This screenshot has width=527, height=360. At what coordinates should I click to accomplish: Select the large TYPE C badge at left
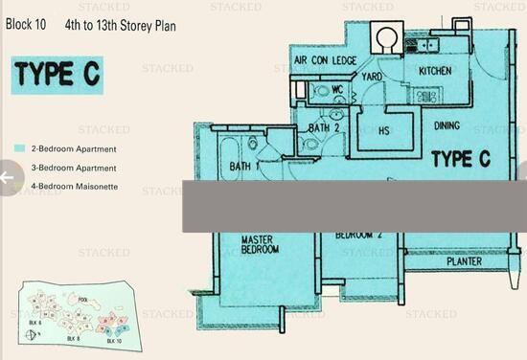pyautogui.click(x=56, y=75)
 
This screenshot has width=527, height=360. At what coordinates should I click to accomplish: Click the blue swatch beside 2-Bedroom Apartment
pyautogui.click(x=19, y=149)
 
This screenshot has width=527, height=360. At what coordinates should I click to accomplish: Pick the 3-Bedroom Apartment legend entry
pyautogui.click(x=74, y=168)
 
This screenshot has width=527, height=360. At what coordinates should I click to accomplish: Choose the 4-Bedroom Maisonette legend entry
pyautogui.click(x=74, y=186)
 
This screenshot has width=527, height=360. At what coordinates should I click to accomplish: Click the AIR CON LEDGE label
pyautogui.click(x=325, y=60)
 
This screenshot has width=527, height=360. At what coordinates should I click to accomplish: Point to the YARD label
pyautogui.click(x=372, y=77)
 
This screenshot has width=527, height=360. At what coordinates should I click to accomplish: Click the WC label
pyautogui.click(x=337, y=90)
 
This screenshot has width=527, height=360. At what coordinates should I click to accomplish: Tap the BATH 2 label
pyautogui.click(x=324, y=127)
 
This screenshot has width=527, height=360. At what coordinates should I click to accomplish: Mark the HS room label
pyautogui.click(x=384, y=130)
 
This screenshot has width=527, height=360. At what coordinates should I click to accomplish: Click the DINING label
pyautogui.click(x=447, y=125)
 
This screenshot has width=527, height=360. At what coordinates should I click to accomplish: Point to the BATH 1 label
pyautogui.click(x=245, y=167)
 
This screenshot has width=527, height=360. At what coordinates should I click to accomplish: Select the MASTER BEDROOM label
pyautogui.click(x=259, y=245)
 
